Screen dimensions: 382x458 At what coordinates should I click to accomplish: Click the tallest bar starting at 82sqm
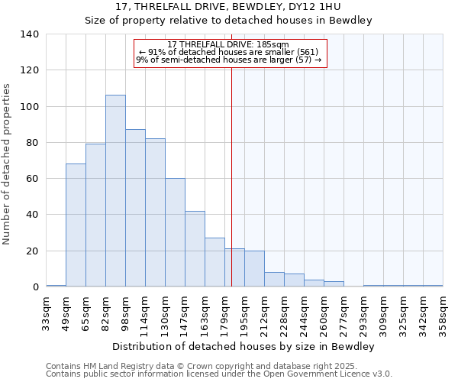click(115, 191)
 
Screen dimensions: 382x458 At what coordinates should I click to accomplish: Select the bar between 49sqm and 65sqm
click(76, 225)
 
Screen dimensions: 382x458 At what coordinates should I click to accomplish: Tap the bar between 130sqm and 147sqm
click(175, 233)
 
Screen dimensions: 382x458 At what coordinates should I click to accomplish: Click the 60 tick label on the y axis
click(33, 179)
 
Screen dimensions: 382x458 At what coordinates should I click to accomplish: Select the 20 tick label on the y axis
click(33, 251)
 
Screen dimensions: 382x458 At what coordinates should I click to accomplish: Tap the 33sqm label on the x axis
click(46, 312)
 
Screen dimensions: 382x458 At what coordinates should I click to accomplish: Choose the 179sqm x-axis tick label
click(224, 312)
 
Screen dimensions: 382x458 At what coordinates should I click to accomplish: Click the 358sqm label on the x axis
click(443, 312)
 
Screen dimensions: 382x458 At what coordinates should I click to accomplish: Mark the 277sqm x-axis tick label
click(343, 312)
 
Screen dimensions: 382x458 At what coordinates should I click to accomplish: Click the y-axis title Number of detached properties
click(8, 164)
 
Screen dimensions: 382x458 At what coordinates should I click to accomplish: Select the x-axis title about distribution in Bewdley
click(244, 346)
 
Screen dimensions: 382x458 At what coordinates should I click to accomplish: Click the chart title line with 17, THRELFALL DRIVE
click(228, 7)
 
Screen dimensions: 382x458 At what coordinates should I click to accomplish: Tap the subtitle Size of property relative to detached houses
click(228, 21)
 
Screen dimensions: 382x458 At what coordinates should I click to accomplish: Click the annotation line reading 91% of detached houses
click(230, 52)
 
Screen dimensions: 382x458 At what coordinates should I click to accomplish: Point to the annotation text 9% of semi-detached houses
click(229, 60)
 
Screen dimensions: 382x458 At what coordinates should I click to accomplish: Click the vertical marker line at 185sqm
click(231, 176)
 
